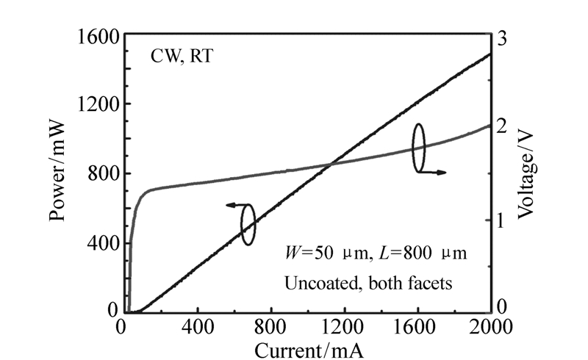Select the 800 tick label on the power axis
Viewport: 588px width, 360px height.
click(100, 174)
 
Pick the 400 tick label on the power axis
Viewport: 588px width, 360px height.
click(100, 243)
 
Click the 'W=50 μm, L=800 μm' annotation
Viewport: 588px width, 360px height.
click(376, 253)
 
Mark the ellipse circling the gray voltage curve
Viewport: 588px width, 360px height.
click(418, 148)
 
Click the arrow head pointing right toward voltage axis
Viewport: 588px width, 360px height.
click(444, 172)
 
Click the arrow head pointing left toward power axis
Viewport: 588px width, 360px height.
click(227, 206)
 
